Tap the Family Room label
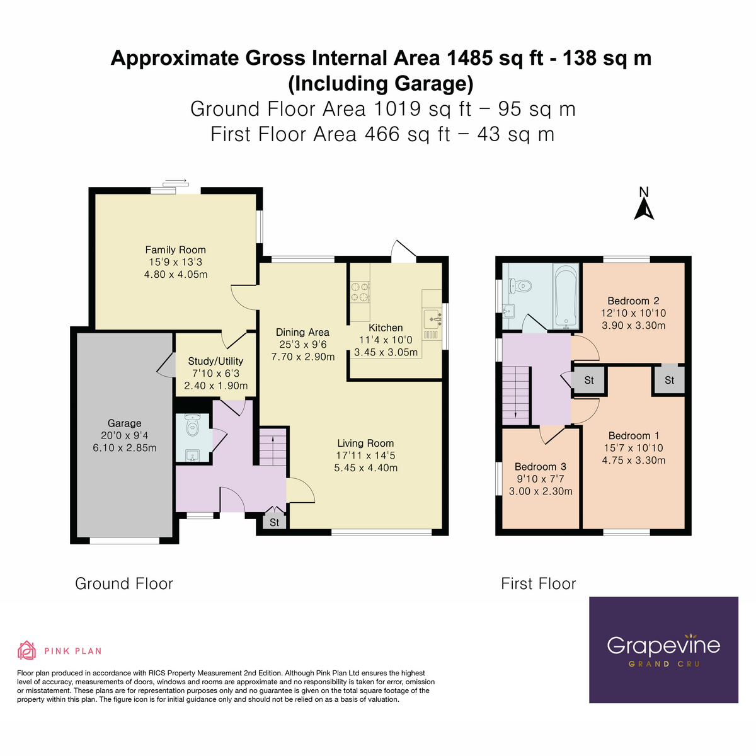click(175, 250)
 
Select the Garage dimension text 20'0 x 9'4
click(124, 436)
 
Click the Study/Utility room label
click(215, 361)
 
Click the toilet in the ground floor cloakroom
click(192, 427)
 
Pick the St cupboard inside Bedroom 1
click(669, 380)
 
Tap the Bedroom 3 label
click(540, 467)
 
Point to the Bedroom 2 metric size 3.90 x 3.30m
click(633, 326)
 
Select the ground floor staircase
click(272, 447)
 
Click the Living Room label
click(365, 444)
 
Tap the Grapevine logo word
click(663, 645)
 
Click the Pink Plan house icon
click(26, 650)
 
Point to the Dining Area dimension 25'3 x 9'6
click(303, 345)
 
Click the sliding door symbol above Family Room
click(175, 184)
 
